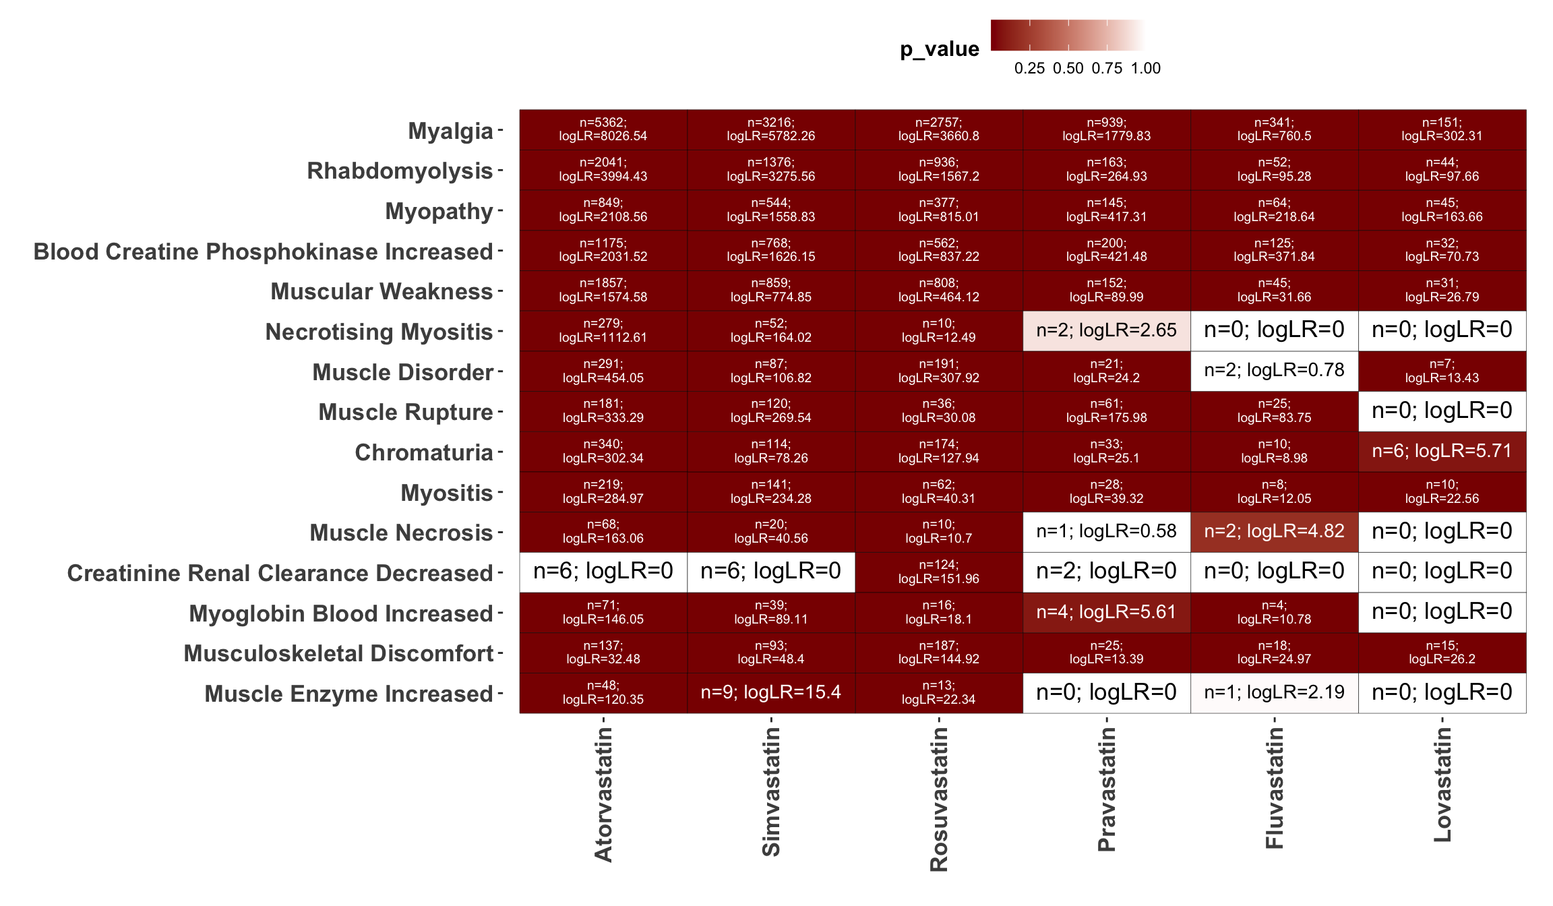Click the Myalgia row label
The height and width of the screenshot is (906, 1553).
tap(450, 131)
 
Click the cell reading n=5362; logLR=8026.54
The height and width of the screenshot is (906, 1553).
tap(603, 129)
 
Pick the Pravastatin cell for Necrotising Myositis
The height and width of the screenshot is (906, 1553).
tap(1106, 330)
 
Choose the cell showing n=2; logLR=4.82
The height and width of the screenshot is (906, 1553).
tap(1274, 532)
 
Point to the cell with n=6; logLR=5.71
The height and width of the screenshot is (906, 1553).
tap(1442, 451)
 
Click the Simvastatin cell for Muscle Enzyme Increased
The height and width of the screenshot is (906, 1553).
tap(770, 692)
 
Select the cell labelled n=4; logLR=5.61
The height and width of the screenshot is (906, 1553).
tap(1106, 612)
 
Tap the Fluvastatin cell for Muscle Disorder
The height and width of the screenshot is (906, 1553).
tap(1274, 371)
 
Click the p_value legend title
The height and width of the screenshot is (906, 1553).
tap(939, 49)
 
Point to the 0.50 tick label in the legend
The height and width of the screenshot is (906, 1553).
tap(1068, 68)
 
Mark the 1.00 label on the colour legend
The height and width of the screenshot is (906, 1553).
tap(1145, 68)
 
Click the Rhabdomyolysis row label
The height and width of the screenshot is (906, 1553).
tap(400, 171)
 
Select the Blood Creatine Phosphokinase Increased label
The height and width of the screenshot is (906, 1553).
tap(263, 251)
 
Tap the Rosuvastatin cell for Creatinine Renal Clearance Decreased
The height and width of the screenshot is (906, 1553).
tap(938, 572)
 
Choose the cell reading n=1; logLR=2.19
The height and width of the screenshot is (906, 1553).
tap(1274, 692)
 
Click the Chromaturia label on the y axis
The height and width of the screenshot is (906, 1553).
tap(424, 452)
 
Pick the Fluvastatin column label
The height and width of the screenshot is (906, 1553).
tap(1274, 783)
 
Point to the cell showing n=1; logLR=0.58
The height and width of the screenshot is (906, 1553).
tap(1106, 532)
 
